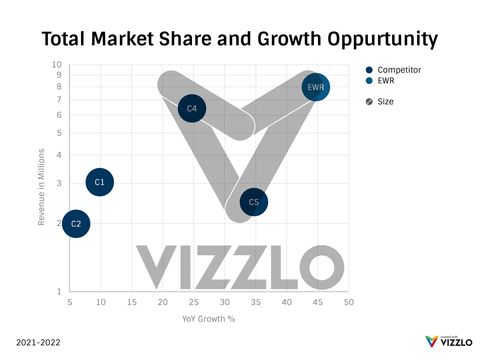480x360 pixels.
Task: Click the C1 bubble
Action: click(x=100, y=182)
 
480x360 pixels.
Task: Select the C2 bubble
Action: click(x=76, y=224)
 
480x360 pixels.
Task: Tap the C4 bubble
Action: click(x=192, y=108)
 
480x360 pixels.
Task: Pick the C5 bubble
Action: click(x=254, y=202)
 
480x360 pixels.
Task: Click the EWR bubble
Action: click(x=316, y=87)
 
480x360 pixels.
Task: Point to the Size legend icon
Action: click(x=369, y=102)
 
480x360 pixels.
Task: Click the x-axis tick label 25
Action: click(x=194, y=302)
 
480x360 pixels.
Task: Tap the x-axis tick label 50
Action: click(x=349, y=302)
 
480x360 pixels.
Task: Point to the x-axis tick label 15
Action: click(x=132, y=302)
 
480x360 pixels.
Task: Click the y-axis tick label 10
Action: click(x=57, y=65)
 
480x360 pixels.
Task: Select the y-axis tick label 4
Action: click(x=59, y=155)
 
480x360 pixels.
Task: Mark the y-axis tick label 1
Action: click(x=59, y=292)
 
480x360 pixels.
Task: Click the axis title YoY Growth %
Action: click(x=209, y=319)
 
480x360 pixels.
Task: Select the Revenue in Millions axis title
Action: click(x=41, y=187)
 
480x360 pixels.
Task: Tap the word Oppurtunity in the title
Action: click(x=382, y=39)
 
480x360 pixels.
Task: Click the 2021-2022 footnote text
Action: click(x=38, y=342)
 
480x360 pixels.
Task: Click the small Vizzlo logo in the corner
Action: click(x=449, y=341)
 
